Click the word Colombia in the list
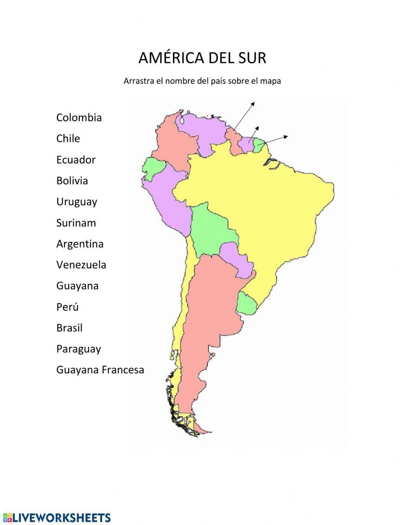point(79,118)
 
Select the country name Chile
point(68,138)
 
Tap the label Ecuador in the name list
point(76,159)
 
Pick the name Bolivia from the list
point(72,181)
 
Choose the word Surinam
point(76,223)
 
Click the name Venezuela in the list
point(81,265)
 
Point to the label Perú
point(67,307)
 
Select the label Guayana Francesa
point(100,370)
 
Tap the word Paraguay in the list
point(78,349)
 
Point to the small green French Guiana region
point(259,145)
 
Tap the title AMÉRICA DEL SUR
point(202,58)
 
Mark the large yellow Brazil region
point(260,203)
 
